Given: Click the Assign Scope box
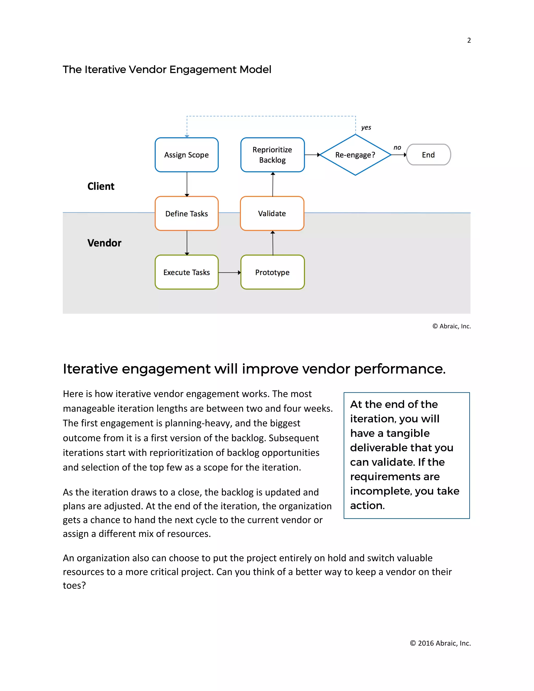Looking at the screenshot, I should pyautogui.click(x=187, y=155).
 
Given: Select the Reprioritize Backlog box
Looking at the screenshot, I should pyautogui.click(x=272, y=155).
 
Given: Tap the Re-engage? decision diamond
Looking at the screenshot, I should pyautogui.click(x=355, y=155).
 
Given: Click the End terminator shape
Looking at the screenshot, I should pyautogui.click(x=428, y=155).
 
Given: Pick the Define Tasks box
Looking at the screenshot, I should pyautogui.click(x=187, y=214).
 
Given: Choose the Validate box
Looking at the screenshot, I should pyautogui.click(x=272, y=214).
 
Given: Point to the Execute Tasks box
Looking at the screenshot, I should pyautogui.click(x=187, y=272).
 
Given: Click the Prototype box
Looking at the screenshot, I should pyautogui.click(x=272, y=272).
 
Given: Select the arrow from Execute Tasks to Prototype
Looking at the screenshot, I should pyautogui.click(x=229, y=272).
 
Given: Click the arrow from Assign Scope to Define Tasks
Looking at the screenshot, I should pyautogui.click(x=187, y=184).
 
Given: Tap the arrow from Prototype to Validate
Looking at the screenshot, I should pyautogui.click(x=273, y=243).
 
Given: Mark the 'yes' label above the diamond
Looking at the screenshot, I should pyautogui.click(x=366, y=128).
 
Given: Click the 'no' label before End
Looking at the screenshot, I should pyautogui.click(x=397, y=147).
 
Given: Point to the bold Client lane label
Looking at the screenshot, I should pyautogui.click(x=101, y=186).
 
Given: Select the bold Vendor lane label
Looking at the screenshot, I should pyautogui.click(x=104, y=243).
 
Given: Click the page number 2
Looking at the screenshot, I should pyautogui.click(x=469, y=40).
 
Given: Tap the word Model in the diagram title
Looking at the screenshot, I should pyautogui.click(x=255, y=70).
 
